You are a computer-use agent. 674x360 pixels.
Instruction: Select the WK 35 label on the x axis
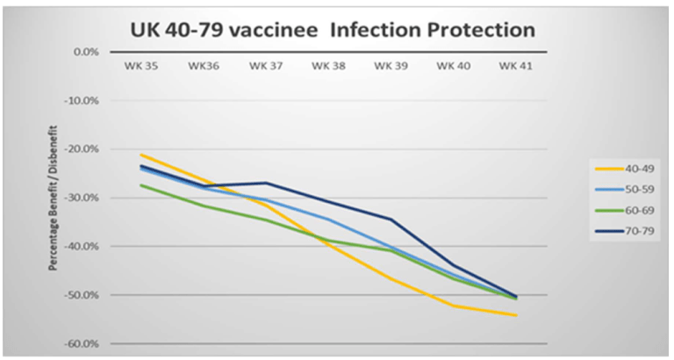click(139, 65)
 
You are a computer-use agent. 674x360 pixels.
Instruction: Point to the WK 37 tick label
click(265, 65)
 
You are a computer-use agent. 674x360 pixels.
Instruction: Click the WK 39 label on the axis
click(390, 65)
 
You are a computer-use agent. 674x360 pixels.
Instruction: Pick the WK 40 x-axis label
click(453, 65)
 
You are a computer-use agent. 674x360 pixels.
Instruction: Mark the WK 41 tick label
click(516, 65)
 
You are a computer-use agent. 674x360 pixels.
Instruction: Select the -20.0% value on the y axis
click(82, 149)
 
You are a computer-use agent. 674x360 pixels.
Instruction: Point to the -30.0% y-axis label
click(82, 198)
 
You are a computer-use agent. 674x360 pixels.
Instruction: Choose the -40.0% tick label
click(82, 247)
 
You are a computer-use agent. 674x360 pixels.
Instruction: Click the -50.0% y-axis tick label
click(82, 295)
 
